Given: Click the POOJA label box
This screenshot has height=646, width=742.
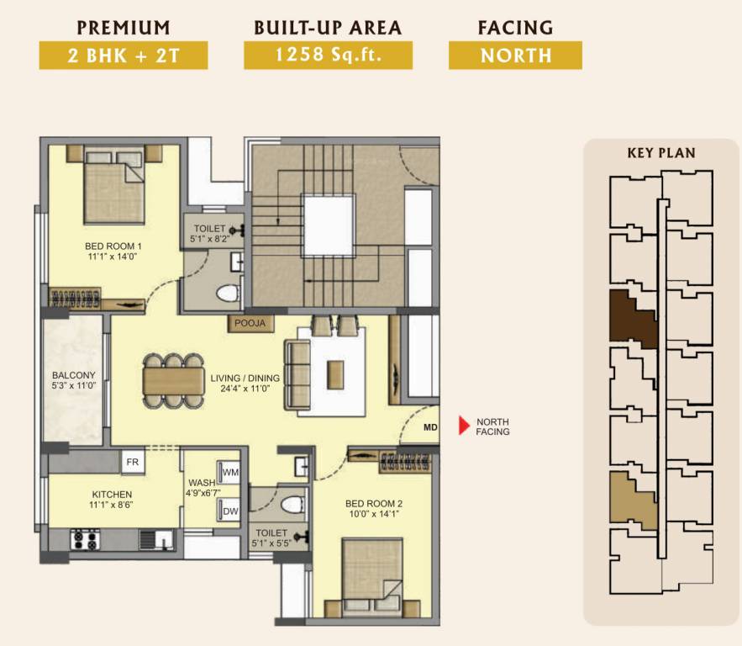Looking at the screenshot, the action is (x=250, y=324).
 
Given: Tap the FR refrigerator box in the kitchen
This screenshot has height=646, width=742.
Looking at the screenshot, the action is (x=133, y=461).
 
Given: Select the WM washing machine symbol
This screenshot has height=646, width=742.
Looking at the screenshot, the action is (x=229, y=472).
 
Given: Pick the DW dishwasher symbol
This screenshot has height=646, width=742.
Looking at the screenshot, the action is (x=229, y=511).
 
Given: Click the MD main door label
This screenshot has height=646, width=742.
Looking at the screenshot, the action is (x=430, y=427).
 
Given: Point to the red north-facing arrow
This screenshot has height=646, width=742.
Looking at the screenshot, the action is (x=464, y=426).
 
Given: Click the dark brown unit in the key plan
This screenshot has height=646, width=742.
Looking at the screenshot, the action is (x=633, y=319).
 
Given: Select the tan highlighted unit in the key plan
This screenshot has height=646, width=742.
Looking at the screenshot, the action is (x=633, y=500).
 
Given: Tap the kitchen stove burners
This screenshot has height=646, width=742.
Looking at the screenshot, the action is (x=85, y=540).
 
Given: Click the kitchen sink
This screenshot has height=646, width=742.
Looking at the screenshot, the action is (x=156, y=540).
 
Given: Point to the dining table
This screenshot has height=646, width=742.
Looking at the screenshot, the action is (x=174, y=381).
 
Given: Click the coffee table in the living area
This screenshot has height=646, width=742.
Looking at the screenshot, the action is (x=335, y=375).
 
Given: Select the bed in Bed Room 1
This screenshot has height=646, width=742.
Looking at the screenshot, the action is (x=114, y=186).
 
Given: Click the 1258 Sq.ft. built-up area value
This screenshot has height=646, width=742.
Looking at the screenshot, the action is (x=328, y=55).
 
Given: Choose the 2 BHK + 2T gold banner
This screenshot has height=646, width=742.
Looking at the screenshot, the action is (x=124, y=56).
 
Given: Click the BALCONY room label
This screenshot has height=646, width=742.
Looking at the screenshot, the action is (x=74, y=375).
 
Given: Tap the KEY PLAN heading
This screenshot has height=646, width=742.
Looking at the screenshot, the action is (x=661, y=153).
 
